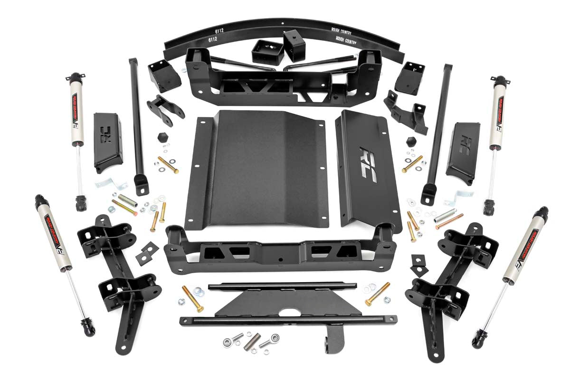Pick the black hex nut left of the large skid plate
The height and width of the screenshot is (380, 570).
(162, 138)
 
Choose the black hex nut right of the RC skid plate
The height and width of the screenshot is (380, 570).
(411, 141)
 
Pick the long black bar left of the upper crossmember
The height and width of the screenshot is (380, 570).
(137, 123)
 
